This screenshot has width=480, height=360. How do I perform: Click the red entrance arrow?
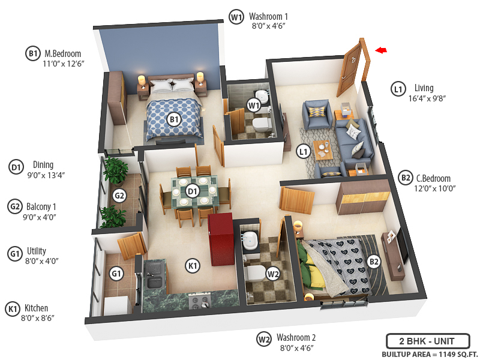pos(380,50)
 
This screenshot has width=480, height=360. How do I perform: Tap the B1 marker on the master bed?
pos(174,120)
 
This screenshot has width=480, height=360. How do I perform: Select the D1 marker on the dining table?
pos(192,191)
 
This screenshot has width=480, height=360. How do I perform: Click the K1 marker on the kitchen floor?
pos(192,266)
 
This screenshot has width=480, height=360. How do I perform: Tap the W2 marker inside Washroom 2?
pos(273,274)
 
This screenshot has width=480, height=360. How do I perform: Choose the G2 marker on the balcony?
pos(119,196)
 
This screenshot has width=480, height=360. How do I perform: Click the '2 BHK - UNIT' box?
pos(427,341)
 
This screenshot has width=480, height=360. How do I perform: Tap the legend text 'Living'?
pos(424,88)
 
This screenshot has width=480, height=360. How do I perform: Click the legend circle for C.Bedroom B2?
pos(406,178)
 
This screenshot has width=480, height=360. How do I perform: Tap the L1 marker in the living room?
pos(304,151)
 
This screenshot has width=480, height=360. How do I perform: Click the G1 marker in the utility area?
pos(116,274)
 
